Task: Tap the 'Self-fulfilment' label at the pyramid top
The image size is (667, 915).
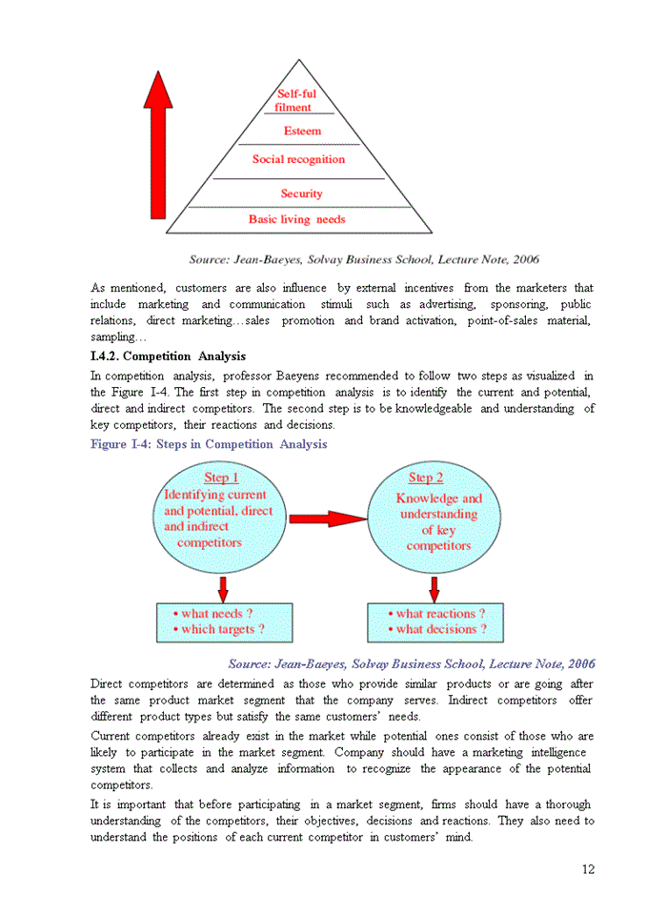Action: pos(296,101)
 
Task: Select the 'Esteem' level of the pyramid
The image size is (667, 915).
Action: pos(302,131)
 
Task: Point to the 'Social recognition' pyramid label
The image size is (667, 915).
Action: pos(298,159)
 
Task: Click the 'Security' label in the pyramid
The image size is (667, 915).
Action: pos(301,193)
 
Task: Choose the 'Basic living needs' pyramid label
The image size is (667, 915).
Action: pos(296,219)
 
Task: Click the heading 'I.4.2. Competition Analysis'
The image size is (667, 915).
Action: pos(168,356)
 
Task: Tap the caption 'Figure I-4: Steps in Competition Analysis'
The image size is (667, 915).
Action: pos(209,444)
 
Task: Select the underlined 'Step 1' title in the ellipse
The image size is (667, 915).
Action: pos(221,478)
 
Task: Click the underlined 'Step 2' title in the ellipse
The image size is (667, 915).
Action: pos(426,478)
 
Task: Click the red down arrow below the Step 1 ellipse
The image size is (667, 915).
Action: pos(223,588)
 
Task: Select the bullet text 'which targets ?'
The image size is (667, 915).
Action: pos(223,629)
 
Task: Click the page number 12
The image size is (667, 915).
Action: pos(587,868)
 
